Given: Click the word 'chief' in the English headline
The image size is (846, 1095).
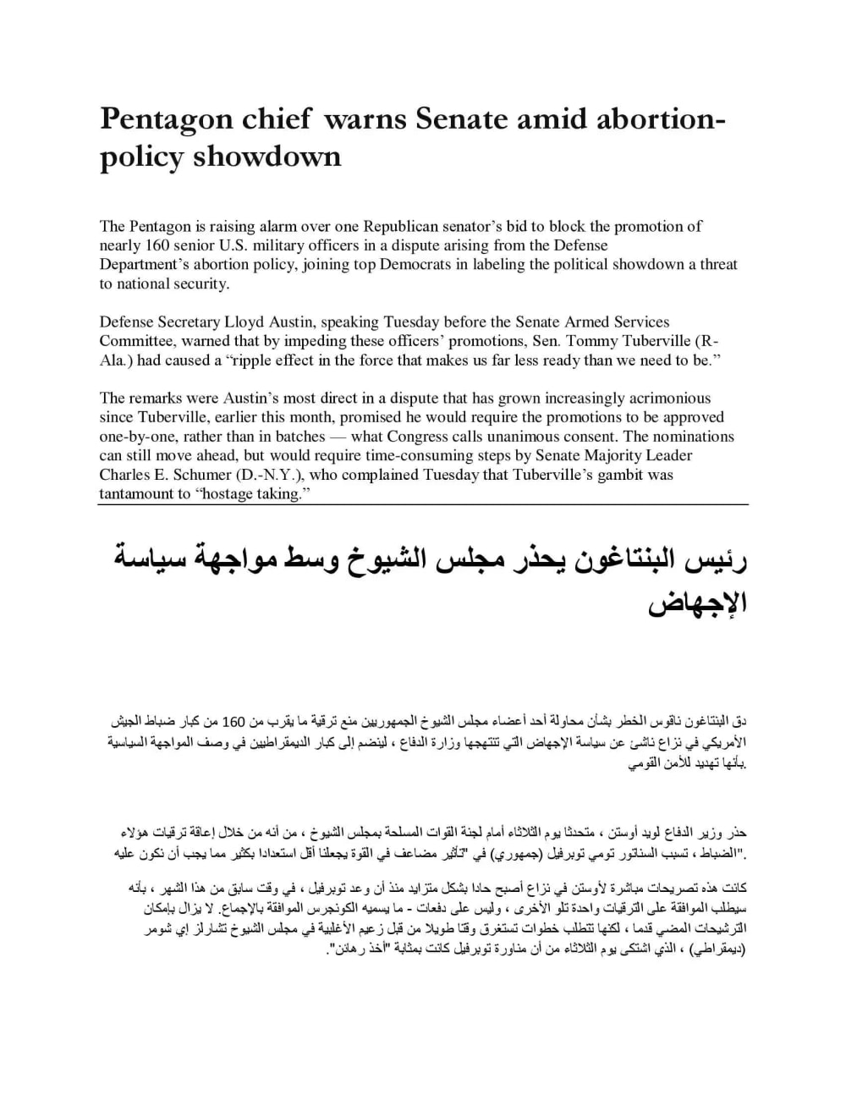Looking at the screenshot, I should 272,118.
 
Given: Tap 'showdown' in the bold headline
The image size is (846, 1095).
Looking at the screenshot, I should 267,156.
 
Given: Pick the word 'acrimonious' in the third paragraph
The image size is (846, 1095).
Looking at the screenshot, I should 670,398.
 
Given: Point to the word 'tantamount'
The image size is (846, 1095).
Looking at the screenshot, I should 136,494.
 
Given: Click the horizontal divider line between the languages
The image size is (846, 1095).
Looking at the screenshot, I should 423,505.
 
